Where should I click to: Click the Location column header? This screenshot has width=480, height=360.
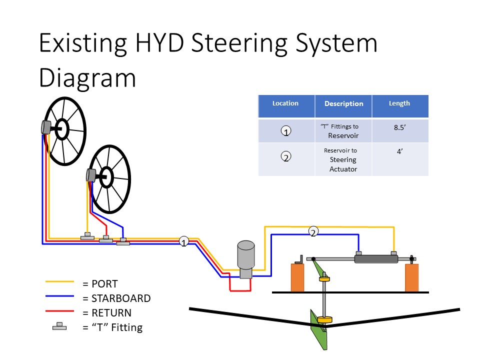coord(285,103)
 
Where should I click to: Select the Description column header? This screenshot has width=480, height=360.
coord(344,104)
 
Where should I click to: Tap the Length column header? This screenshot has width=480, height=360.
coord(399,103)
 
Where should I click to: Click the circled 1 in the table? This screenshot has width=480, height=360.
coord(286,131)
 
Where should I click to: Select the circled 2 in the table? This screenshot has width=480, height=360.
coord(286,156)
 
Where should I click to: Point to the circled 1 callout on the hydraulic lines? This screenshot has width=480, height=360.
coord(183,241)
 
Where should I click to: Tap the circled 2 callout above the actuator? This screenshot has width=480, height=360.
coord(313,231)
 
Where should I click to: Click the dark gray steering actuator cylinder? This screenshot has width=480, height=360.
coord(376,259)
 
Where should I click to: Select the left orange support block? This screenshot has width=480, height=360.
coord(297,277)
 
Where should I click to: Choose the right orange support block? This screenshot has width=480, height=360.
coord(411,277)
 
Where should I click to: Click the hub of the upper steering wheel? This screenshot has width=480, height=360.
coord(62,129)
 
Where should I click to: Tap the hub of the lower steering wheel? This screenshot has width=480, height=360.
coord(106,177)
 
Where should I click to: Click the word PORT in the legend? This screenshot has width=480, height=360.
coord(104,284)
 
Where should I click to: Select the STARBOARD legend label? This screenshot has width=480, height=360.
coord(121,298)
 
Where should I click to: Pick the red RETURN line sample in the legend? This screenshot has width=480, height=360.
coord(59,311)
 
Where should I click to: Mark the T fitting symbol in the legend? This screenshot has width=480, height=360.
coord(59,326)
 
